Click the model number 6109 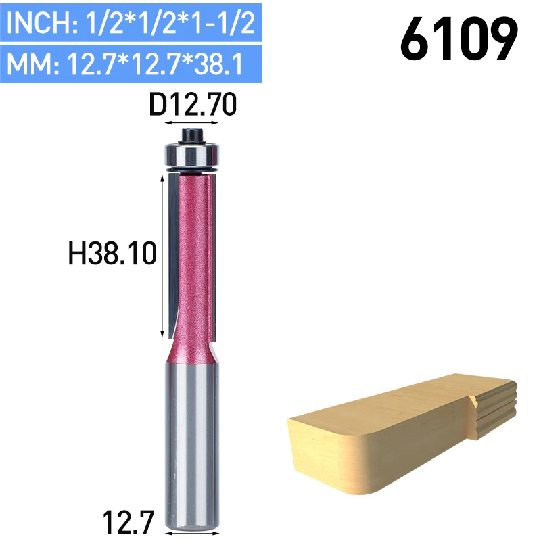(x=459, y=39)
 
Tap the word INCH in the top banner (x=39, y=23)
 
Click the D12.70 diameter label (x=193, y=104)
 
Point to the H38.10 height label (x=112, y=254)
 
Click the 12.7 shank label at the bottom (x=128, y=521)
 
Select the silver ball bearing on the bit (x=191, y=156)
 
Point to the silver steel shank (x=192, y=445)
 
